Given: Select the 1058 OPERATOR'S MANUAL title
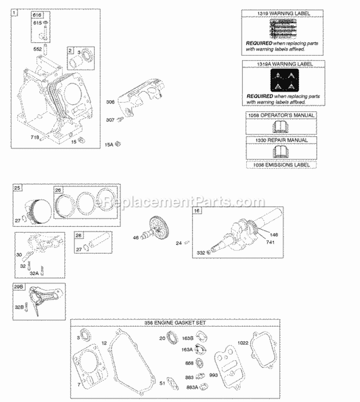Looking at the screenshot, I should pos(281,115).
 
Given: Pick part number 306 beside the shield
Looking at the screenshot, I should pos(110,102).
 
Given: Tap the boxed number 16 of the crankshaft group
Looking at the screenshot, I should pos(197,211).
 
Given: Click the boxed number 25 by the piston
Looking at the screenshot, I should pos(17,188).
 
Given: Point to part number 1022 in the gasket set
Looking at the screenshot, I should pos(244,343).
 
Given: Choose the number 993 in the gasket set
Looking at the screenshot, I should pos(213,376).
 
